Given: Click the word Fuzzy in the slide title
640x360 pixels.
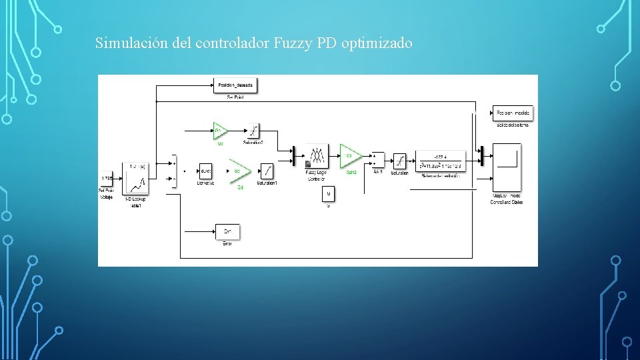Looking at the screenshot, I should point(288,44).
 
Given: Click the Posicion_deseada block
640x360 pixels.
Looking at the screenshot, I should point(235,85).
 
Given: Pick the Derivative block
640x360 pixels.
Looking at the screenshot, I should point(205,171).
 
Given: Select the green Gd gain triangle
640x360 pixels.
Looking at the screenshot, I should point(239,171).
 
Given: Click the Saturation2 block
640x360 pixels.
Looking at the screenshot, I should point(253,130).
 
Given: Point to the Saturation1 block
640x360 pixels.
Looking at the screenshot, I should point(266,171).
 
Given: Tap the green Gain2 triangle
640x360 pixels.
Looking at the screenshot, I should point(350,156).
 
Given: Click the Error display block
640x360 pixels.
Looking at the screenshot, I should point(227,231).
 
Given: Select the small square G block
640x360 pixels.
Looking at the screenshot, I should point(328,194).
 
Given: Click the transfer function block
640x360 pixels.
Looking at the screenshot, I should point(440,161).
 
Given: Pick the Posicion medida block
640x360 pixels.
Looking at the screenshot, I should point(513,113).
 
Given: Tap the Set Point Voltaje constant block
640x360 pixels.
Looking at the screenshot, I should point(107,179).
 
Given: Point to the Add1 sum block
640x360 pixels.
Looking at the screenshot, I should point(377,160).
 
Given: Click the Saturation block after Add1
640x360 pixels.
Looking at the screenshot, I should point(399,161).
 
